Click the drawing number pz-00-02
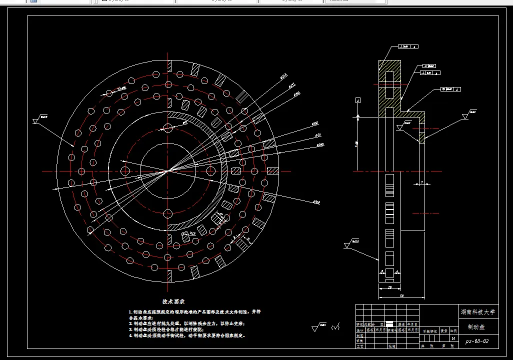click(476, 341)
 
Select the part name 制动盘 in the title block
click(476, 327)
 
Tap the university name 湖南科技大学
click(477, 311)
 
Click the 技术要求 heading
click(173, 302)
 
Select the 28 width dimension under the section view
click(389, 288)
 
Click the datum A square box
click(358, 100)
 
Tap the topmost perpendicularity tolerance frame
click(408, 47)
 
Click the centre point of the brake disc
click(167, 171)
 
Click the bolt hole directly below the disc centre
click(167, 213)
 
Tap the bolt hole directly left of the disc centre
click(125, 171)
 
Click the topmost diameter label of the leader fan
click(283, 76)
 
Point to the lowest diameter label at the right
click(315, 202)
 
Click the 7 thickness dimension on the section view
click(422, 183)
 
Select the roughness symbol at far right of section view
click(465, 116)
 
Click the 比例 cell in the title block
click(453, 330)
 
